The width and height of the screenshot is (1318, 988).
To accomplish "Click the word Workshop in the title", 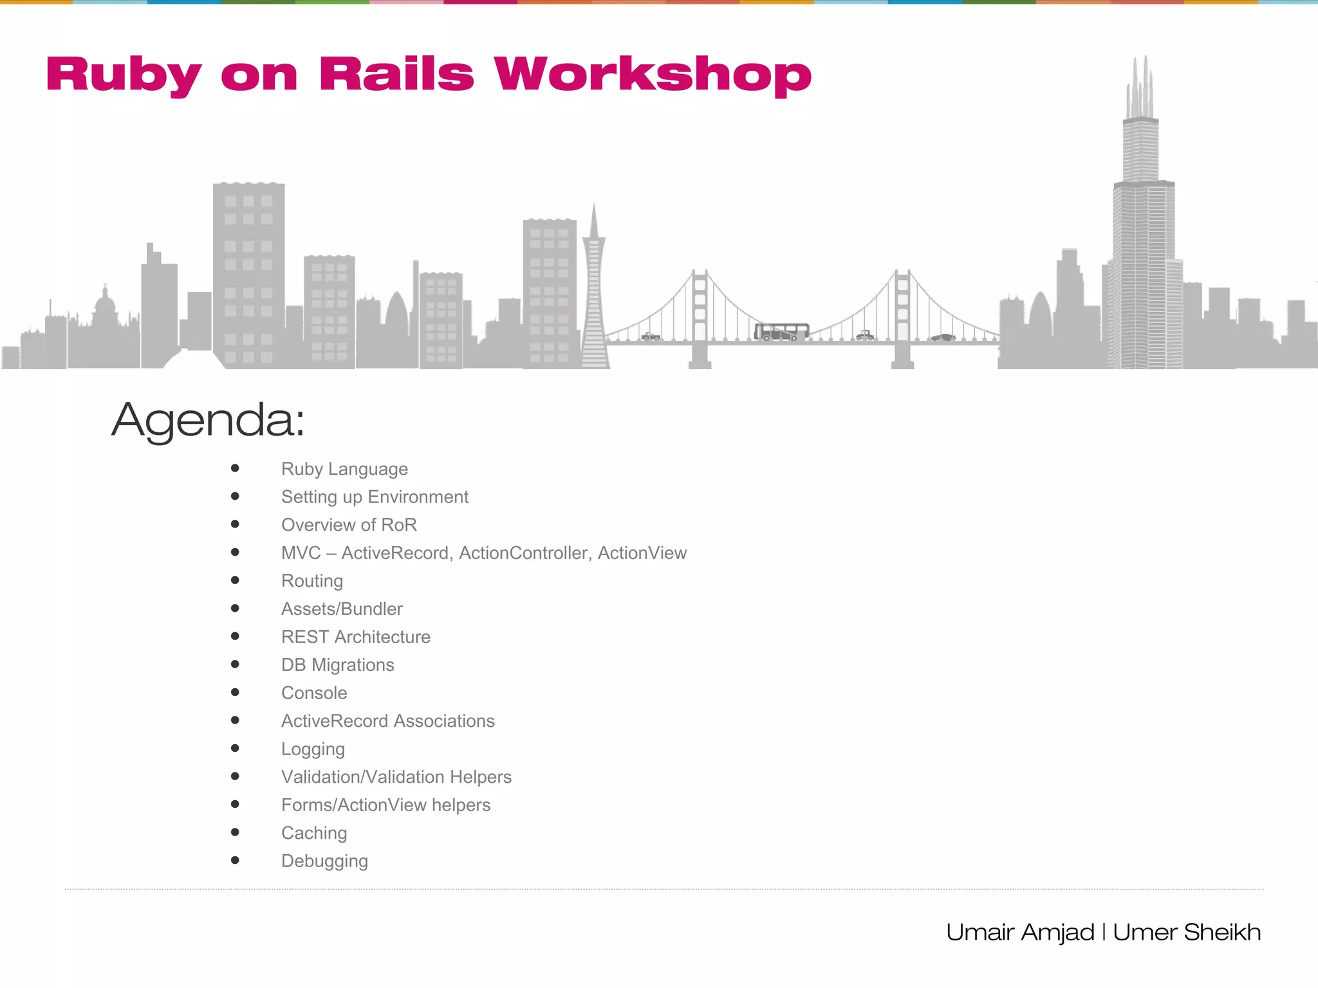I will [x=653, y=75].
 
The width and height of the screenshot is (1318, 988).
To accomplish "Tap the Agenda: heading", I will [x=207, y=419].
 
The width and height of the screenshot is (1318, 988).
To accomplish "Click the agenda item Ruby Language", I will [x=344, y=469].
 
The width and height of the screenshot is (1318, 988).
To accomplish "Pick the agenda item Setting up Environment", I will [x=375, y=497].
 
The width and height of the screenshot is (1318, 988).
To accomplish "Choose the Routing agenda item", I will [x=312, y=581].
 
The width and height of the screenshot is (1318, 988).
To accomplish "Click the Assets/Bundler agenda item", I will [x=342, y=609].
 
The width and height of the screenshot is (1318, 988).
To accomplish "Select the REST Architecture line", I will [x=356, y=637].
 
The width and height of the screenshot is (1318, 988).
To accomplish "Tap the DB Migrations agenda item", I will [x=338, y=665].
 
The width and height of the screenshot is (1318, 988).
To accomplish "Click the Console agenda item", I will [x=314, y=693].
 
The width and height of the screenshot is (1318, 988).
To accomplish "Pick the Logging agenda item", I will [x=313, y=749].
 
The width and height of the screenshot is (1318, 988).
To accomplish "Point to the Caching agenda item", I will [x=314, y=833].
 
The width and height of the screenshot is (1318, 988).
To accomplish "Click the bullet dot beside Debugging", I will [x=235, y=860].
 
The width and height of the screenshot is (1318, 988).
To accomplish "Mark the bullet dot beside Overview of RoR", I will [x=235, y=524].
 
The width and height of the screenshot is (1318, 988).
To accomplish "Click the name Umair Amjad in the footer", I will [x=1020, y=932].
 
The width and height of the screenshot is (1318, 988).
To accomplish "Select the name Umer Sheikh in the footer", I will [x=1187, y=932].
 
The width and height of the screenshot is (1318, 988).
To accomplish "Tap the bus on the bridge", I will [x=781, y=331].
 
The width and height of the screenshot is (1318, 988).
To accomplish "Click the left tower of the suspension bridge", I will [x=700, y=315].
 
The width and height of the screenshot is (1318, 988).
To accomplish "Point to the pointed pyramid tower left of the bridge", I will [x=594, y=289].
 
